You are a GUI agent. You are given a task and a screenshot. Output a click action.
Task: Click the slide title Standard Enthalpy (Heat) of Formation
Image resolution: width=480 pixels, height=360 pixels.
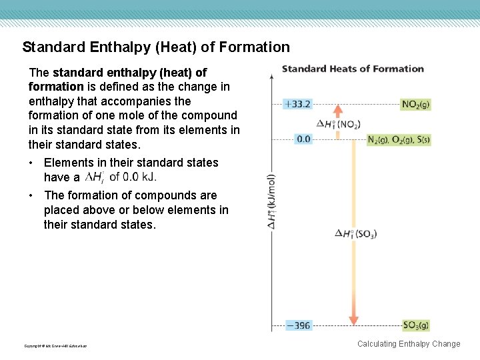tap(156, 47)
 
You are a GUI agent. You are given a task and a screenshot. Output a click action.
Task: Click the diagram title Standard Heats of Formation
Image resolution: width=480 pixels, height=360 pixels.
tap(353, 69)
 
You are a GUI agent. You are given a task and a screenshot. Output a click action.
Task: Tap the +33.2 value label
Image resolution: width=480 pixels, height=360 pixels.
tap(297, 105)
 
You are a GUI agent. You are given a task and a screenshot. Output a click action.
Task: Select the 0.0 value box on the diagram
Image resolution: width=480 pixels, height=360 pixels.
tap(303, 139)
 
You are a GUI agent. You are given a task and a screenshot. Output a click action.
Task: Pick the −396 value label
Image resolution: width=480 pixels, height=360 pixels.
tap(299, 325)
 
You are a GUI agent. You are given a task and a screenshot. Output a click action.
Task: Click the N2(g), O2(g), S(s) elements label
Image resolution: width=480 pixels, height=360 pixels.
tap(399, 140)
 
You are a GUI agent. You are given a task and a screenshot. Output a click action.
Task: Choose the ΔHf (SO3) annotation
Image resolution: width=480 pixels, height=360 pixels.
tap(356, 233)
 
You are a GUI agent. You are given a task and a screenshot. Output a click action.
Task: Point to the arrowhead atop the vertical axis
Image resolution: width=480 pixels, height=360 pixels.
tap(272, 76)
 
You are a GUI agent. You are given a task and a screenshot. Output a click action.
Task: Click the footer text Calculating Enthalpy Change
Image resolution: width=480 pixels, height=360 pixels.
tap(409, 344)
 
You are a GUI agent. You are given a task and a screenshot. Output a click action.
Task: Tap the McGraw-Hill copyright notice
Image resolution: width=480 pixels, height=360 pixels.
tap(55, 345)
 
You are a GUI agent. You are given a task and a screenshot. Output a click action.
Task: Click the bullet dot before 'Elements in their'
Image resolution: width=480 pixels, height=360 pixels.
tap(32, 163)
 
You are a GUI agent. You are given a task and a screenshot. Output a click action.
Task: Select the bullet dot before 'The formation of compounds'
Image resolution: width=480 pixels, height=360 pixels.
tap(32, 195)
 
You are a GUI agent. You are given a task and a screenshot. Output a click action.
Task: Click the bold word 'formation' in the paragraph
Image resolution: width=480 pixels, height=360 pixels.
tap(55, 87)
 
